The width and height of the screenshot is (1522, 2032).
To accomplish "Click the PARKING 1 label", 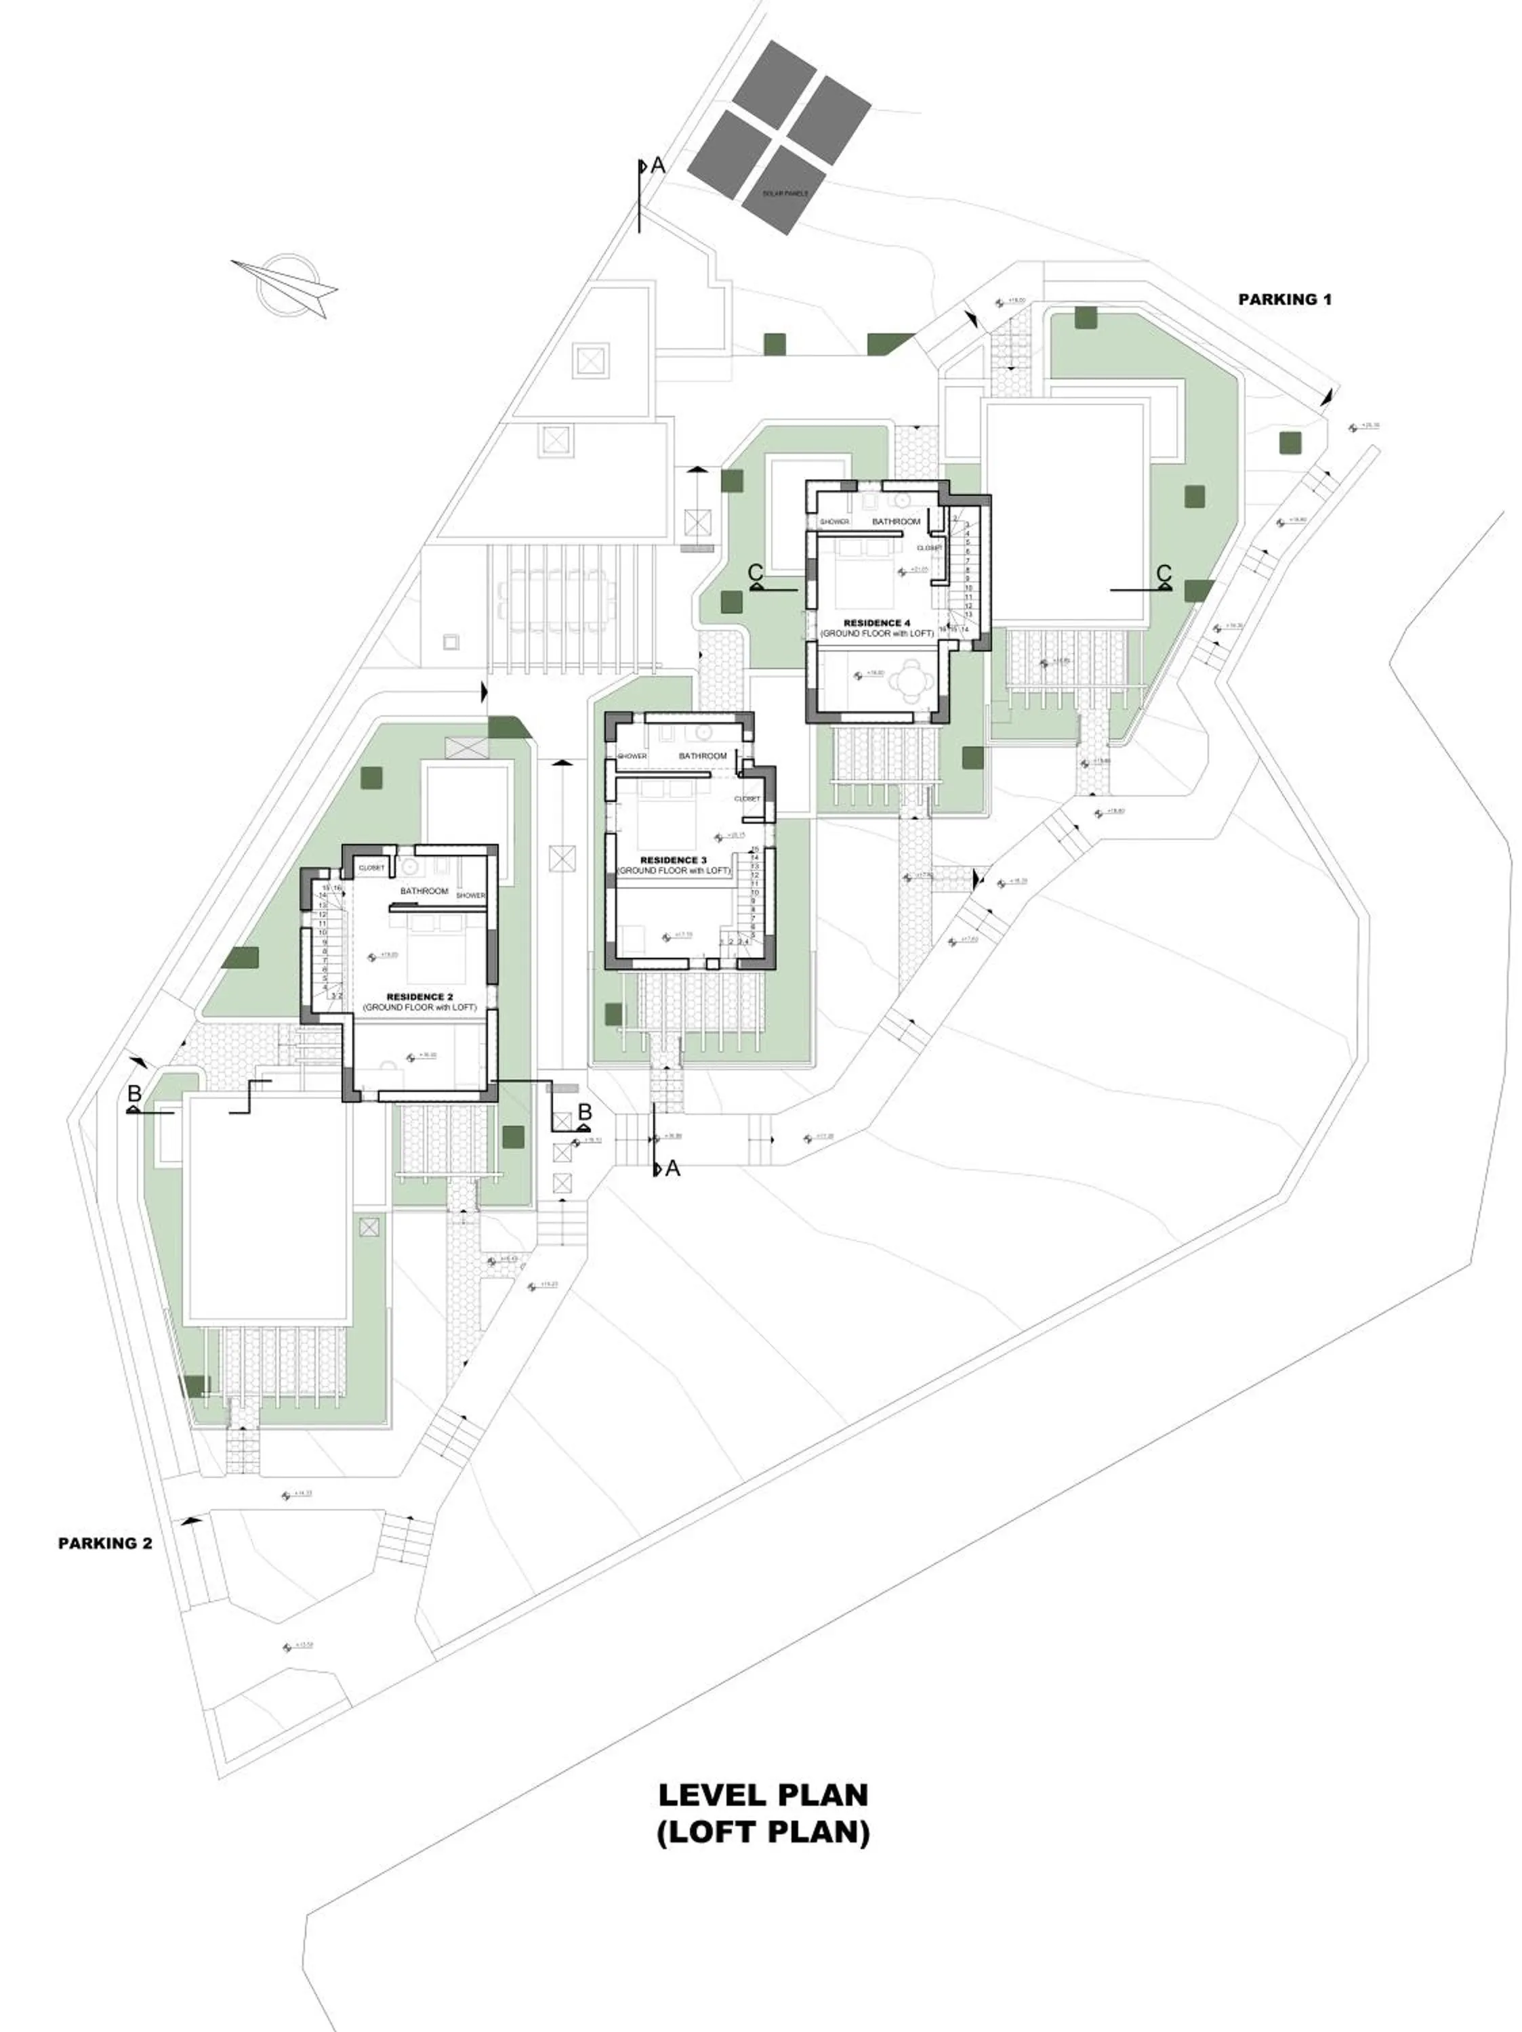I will [x=1284, y=299].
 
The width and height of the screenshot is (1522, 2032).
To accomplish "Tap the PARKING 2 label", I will [x=105, y=1543].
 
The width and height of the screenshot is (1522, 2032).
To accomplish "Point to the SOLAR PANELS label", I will [x=785, y=194].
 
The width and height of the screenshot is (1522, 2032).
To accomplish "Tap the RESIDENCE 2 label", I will [x=419, y=997].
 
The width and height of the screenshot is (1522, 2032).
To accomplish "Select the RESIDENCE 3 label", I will [x=674, y=860].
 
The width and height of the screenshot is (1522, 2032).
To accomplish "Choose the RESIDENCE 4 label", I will [x=877, y=623].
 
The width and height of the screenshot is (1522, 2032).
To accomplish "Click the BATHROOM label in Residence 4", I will [x=895, y=522].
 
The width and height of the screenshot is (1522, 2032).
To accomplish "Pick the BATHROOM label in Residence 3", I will [x=702, y=756].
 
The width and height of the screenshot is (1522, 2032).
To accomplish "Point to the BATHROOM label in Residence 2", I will [x=424, y=891].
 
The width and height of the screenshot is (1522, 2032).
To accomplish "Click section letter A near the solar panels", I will [x=657, y=166].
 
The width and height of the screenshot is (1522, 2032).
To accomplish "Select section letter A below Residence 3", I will [x=673, y=1168].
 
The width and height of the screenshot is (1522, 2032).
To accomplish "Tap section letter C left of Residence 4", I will [x=756, y=572].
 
